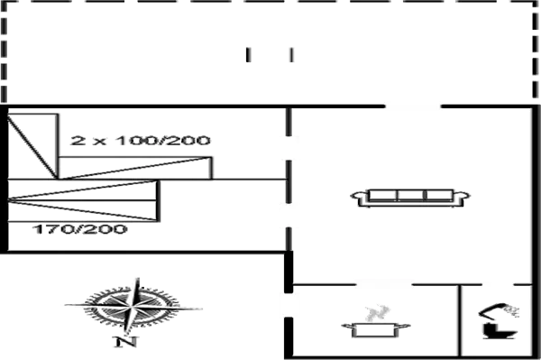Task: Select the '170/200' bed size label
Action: (x=80, y=230)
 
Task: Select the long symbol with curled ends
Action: (x=411, y=197)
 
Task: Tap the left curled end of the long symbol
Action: (x=359, y=197)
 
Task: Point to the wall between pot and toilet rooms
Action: (x=460, y=320)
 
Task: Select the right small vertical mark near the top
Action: (x=291, y=56)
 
